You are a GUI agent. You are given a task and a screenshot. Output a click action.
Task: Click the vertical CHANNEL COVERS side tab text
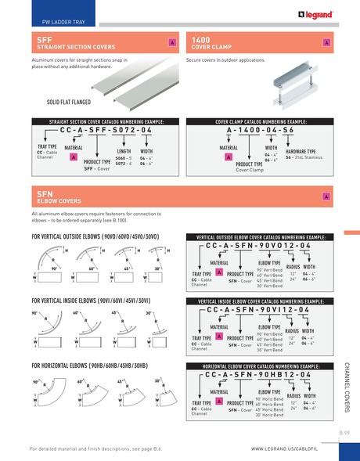(347, 387)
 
